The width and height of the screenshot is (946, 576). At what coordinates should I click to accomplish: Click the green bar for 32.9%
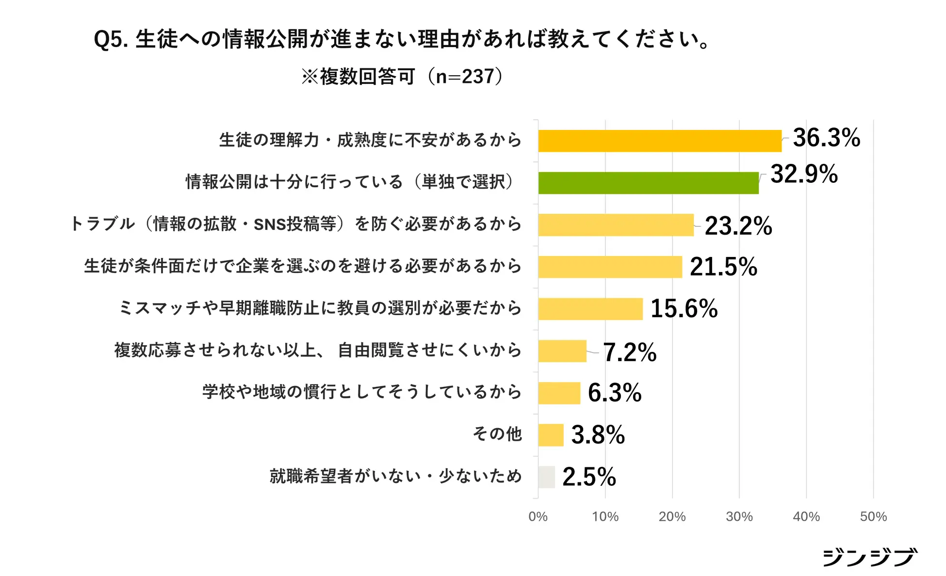click(648, 183)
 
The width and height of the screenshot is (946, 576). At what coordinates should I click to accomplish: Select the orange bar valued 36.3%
click(660, 141)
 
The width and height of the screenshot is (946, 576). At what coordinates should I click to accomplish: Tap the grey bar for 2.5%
click(546, 477)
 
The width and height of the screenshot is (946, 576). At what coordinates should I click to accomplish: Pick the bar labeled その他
click(551, 435)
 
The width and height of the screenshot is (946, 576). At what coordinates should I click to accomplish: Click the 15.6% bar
click(590, 309)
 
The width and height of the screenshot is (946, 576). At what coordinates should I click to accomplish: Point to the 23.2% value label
click(738, 226)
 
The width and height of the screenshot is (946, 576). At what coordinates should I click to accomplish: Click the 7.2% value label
click(629, 352)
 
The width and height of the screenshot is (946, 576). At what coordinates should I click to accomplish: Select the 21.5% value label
click(723, 267)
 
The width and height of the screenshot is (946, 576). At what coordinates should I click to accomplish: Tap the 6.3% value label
click(614, 393)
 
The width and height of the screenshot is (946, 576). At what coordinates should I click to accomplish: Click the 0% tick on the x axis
click(538, 517)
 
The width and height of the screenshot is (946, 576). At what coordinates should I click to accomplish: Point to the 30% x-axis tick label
click(739, 517)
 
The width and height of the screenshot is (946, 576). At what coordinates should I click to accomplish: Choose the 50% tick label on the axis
click(873, 517)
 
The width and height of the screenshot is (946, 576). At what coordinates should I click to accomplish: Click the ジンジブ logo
click(870, 557)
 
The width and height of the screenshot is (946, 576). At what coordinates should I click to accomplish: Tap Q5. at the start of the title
click(111, 39)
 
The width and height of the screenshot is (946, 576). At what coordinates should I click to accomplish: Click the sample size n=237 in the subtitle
click(465, 77)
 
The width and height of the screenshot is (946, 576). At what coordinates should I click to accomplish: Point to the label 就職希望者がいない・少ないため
click(395, 476)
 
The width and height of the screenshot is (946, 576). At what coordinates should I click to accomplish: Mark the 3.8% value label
click(598, 435)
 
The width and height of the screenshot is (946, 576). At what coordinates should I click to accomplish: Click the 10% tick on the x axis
click(605, 517)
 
